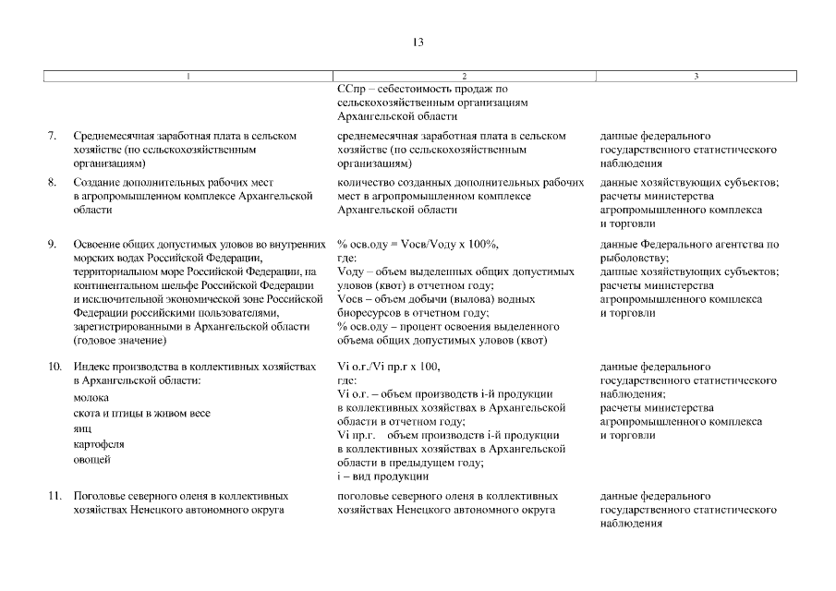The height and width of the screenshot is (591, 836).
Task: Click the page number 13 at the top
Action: (418, 42)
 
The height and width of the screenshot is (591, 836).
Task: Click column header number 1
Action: (188, 77)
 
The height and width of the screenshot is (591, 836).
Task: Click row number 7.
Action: (53, 136)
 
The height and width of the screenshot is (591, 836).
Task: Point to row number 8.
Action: (53, 183)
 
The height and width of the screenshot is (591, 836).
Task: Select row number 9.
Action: (53, 245)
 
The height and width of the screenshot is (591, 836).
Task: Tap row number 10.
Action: (54, 368)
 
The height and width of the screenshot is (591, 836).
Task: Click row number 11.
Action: (54, 496)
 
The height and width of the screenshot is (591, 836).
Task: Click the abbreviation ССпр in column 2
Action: (350, 90)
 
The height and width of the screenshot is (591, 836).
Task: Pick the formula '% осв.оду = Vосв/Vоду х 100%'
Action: (418, 245)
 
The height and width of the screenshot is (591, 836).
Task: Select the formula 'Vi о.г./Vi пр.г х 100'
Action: (389, 368)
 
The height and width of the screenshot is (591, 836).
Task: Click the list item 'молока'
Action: (91, 397)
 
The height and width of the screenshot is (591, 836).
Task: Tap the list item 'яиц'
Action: (82, 428)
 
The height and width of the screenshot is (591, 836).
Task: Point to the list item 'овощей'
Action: (91, 459)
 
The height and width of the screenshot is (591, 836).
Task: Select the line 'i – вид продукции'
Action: (382, 476)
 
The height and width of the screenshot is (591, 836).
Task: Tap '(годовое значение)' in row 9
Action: (119, 341)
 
